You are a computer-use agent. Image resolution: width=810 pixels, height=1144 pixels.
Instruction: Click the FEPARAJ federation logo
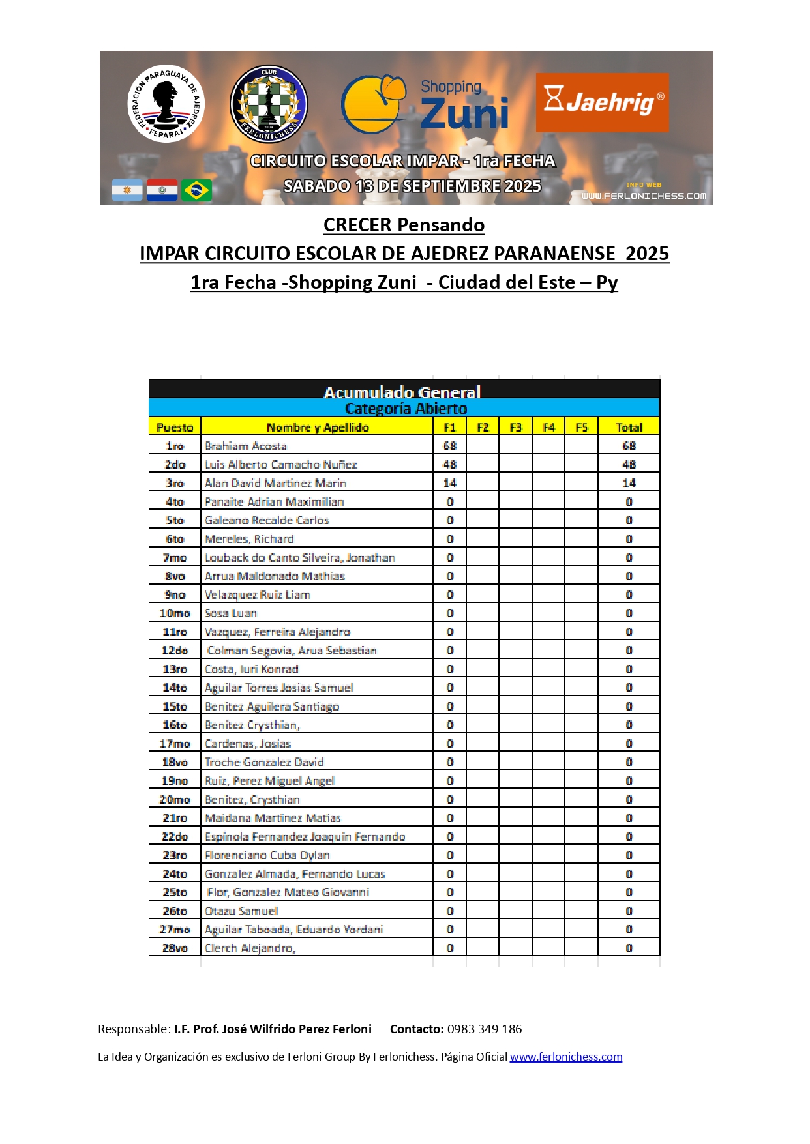point(166,104)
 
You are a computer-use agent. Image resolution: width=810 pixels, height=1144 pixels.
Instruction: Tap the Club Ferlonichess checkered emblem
point(269,104)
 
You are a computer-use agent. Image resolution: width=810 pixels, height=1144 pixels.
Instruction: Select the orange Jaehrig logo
point(602,102)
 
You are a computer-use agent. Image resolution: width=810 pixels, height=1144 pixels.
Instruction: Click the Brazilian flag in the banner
point(196,190)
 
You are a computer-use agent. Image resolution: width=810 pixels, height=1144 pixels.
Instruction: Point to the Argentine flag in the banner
point(127,190)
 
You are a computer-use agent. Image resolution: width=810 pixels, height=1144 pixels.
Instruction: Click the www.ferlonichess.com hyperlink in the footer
point(565,1057)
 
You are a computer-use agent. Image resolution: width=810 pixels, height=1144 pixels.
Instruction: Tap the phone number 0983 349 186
point(484,1029)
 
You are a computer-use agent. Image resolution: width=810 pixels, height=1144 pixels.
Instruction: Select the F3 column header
point(515,428)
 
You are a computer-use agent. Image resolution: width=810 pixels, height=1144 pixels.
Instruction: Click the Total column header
point(629,428)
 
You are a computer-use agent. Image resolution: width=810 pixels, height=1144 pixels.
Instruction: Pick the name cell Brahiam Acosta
point(246,446)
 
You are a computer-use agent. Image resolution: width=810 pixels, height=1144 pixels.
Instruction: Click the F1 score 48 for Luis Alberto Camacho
point(449,465)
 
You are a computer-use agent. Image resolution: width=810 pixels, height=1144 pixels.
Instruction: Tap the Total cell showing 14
point(629,483)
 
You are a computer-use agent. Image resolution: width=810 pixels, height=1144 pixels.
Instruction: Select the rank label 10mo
point(175,613)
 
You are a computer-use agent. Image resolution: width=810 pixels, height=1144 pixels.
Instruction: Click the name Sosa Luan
point(231,613)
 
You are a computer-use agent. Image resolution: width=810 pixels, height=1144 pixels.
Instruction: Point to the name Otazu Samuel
point(241,911)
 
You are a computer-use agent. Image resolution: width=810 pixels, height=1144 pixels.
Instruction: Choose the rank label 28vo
point(175,948)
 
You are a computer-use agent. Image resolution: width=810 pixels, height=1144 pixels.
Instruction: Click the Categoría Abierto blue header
point(406,409)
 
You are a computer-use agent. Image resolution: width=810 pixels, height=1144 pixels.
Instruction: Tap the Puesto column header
point(175,428)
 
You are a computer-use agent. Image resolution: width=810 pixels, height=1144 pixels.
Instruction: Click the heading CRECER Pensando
point(404,225)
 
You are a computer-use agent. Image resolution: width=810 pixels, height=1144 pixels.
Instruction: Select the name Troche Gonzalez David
point(264,762)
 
